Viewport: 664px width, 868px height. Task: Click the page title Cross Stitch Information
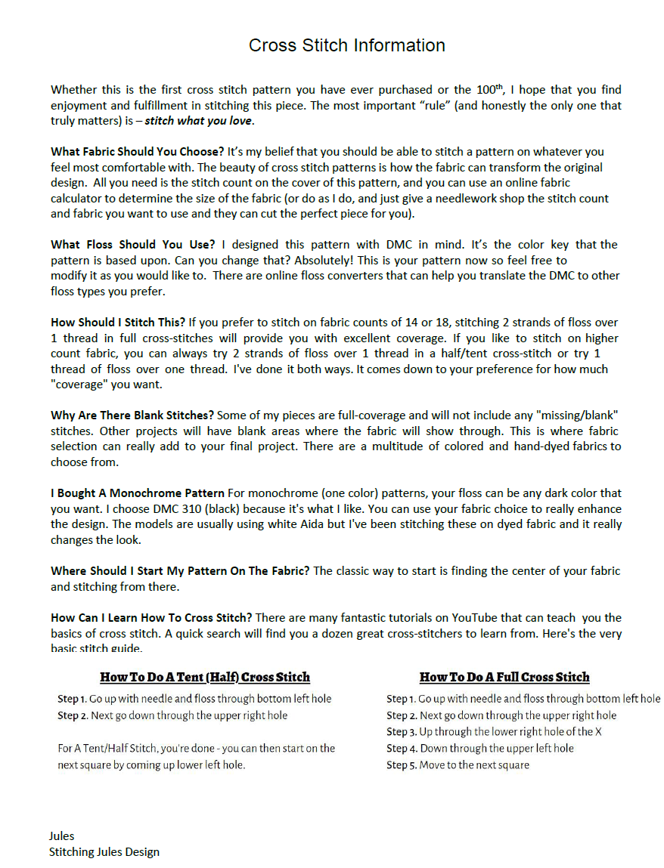[346, 45]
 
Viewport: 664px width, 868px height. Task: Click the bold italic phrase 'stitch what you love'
[198, 121]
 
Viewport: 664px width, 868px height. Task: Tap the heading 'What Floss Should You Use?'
[133, 245]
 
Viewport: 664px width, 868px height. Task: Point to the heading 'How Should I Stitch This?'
[117, 323]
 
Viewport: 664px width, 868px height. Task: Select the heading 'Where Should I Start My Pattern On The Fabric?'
[180, 571]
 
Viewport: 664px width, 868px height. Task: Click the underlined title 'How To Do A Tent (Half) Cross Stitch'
[205, 677]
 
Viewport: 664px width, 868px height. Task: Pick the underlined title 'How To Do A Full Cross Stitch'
[504, 677]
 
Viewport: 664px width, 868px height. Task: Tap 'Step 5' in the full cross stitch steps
[401, 765]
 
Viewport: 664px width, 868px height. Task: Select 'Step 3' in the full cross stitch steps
[401, 732]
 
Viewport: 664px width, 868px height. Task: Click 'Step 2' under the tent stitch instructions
[72, 715]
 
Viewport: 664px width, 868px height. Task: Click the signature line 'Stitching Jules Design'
[104, 852]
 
